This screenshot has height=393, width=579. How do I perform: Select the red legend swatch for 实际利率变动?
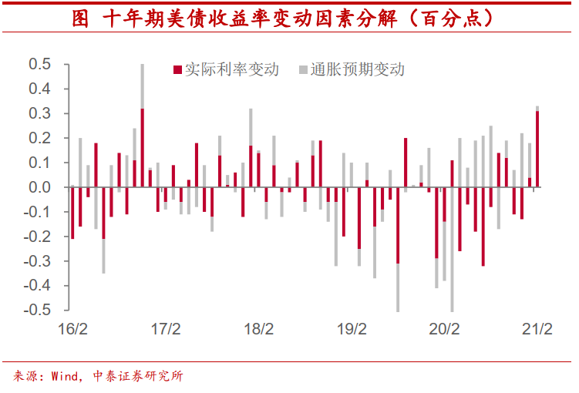pyautogui.click(x=177, y=70)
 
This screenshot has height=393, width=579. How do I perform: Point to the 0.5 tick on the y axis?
pyautogui.click(x=39, y=64)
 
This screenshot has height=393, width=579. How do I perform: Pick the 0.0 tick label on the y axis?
pyautogui.click(x=39, y=187)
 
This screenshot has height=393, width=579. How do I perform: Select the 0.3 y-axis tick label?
pyautogui.click(x=39, y=113)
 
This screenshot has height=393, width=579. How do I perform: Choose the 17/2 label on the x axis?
pyautogui.click(x=165, y=329)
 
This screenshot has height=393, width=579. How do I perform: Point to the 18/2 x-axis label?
pyautogui.click(x=258, y=329)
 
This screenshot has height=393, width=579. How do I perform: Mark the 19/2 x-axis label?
pyautogui.click(x=351, y=329)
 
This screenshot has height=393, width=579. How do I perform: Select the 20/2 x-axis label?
pyautogui.click(x=444, y=329)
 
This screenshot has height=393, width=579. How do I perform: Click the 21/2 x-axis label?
pyautogui.click(x=537, y=329)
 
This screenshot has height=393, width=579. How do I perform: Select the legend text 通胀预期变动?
pyautogui.click(x=358, y=70)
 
